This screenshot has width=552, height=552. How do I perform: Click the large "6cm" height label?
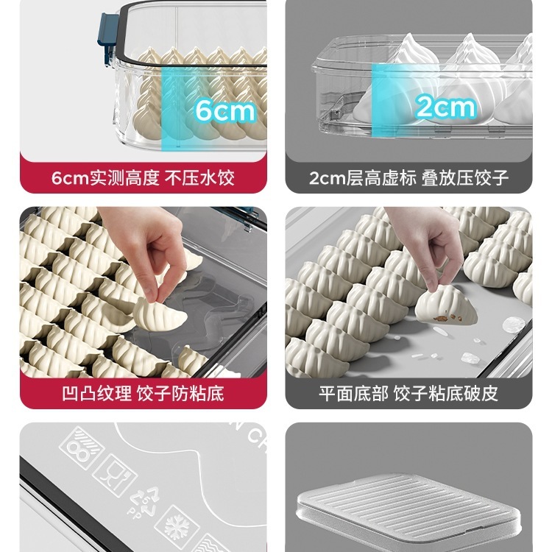[224, 110]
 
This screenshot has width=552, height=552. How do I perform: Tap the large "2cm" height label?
[445, 107]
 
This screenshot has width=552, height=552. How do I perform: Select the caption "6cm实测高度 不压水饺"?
[143, 177]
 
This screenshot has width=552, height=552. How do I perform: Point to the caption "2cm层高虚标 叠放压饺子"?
[408, 177]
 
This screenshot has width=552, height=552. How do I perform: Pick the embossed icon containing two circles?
[81, 446]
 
